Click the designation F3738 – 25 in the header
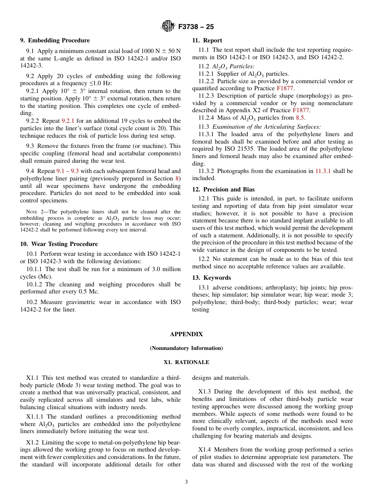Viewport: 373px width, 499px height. coord(196,27)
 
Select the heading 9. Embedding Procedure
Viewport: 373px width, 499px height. coord(55,40)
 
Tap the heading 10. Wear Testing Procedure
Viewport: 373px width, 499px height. coord(59,244)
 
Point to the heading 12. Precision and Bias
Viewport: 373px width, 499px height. coord(223,189)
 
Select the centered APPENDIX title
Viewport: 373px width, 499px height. coord(186,334)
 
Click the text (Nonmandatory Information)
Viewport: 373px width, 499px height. coord(186,348)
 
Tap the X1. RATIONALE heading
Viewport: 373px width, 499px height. coord(186,362)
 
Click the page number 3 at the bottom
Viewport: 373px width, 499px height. coord(186,482)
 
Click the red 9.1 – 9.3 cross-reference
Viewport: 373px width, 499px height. coord(68,171)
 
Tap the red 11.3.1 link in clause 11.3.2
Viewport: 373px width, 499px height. coord(323,171)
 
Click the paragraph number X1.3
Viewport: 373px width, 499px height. coord(204,392)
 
